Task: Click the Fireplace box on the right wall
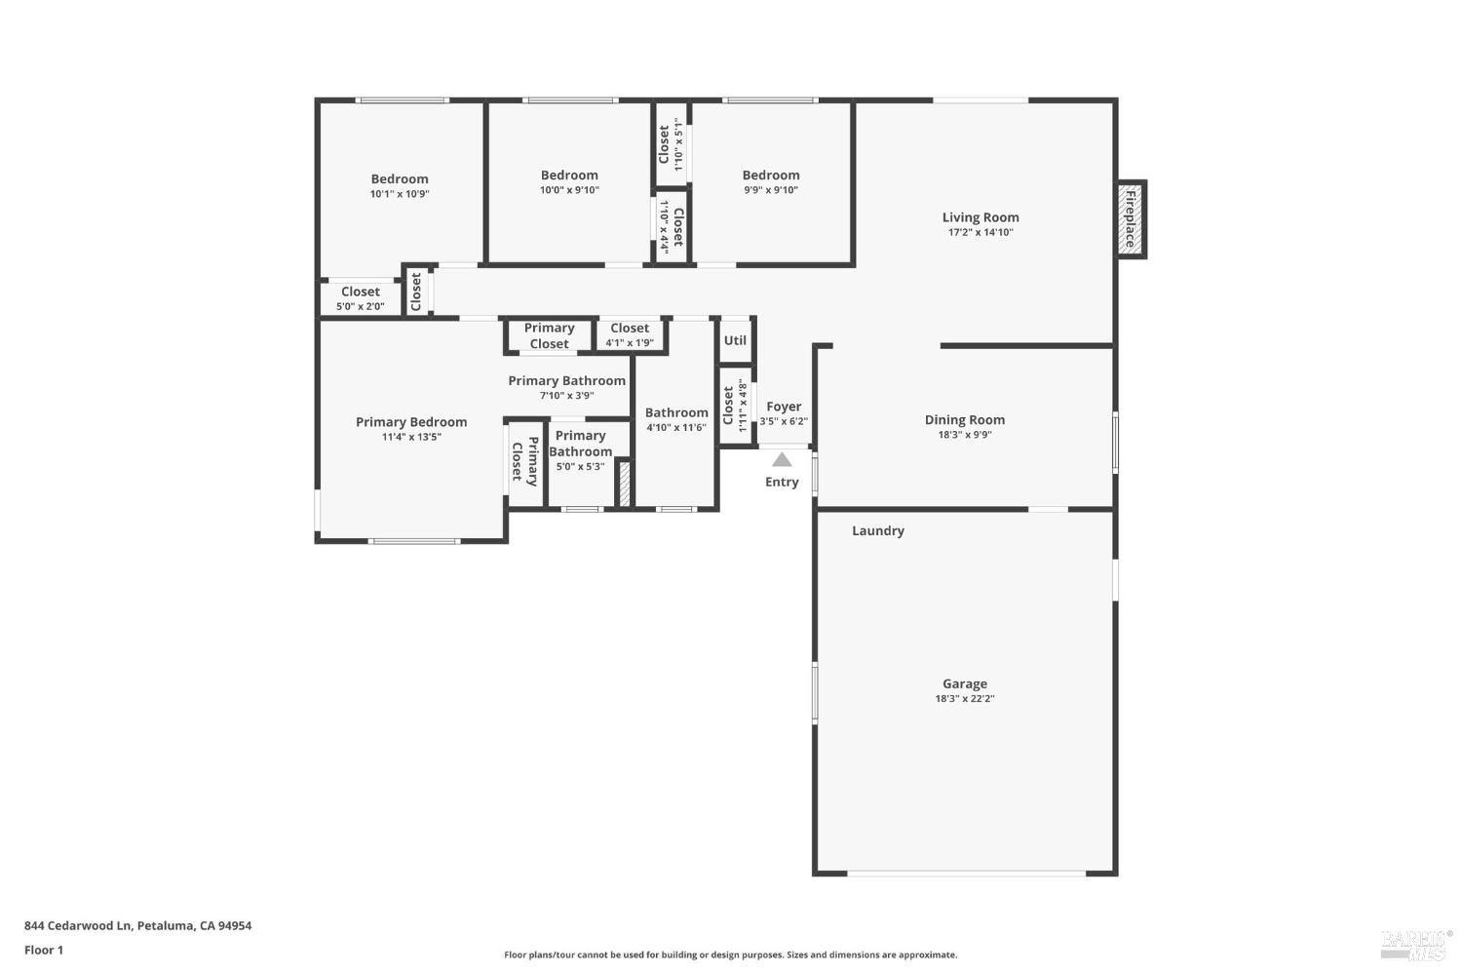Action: tap(1131, 219)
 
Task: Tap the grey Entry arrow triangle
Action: tap(782, 459)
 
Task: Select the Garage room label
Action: tap(964, 683)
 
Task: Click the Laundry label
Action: tap(877, 530)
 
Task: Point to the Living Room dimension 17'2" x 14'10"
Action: tap(981, 233)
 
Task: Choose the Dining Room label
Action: tap(964, 419)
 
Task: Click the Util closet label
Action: tap(735, 340)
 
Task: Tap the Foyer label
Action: tap(784, 407)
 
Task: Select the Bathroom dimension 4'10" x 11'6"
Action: tap(676, 428)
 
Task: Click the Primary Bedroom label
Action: tap(410, 421)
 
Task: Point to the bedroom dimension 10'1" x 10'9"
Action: tap(399, 194)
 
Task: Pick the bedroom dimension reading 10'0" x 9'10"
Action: tap(569, 190)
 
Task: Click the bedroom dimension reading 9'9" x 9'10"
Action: tap(770, 190)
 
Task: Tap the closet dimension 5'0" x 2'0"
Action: tap(360, 306)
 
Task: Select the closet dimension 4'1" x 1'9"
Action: tap(629, 343)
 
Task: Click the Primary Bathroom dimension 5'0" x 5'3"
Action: tap(580, 467)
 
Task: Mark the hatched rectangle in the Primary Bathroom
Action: tap(624, 483)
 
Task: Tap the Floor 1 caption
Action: tap(44, 950)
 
